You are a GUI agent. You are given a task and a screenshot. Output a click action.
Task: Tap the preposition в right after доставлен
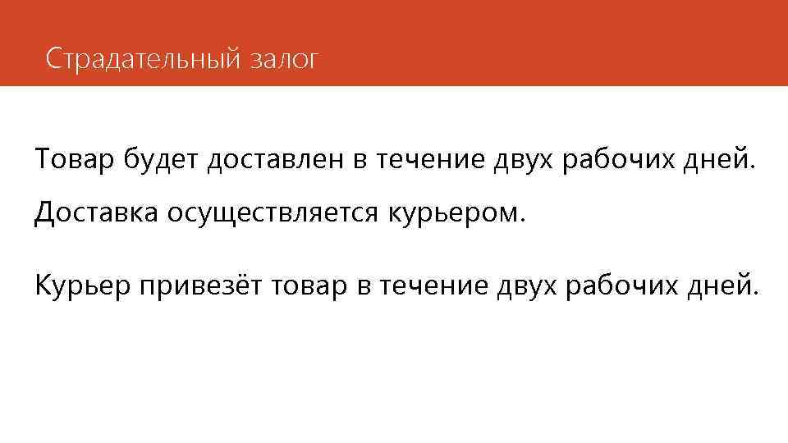point(360,157)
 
